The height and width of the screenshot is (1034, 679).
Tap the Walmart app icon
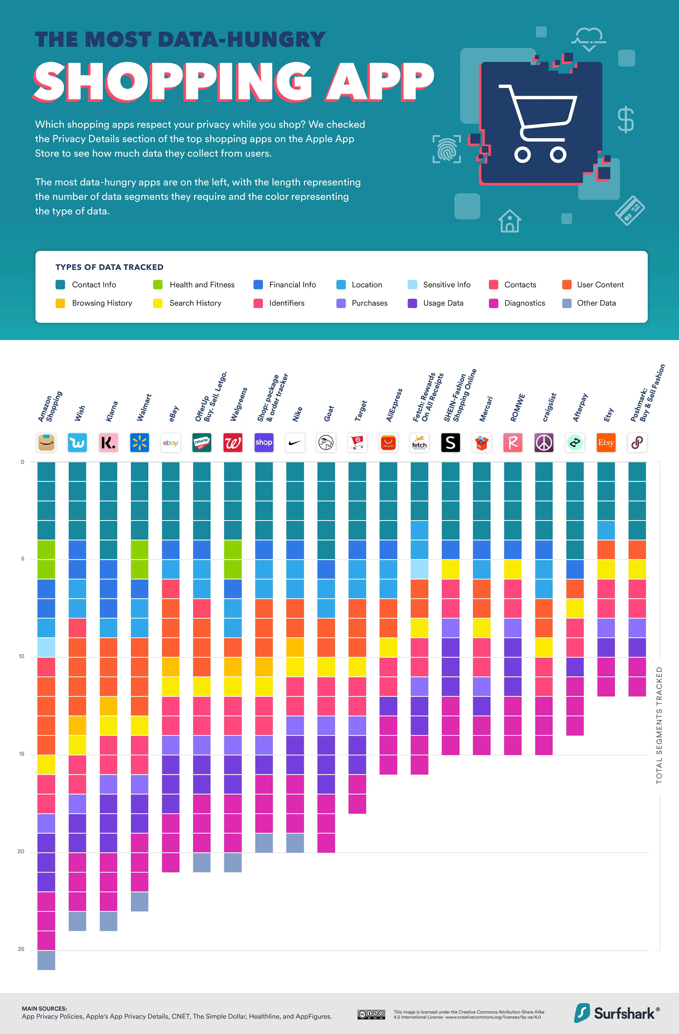[x=140, y=443]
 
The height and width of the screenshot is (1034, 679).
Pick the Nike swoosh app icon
[x=295, y=443]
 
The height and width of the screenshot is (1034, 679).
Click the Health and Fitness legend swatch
[x=158, y=284]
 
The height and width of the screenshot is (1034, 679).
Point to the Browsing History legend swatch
[x=60, y=303]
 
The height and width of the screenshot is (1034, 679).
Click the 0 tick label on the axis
[x=23, y=462]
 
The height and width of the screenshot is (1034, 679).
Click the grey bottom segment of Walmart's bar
[x=140, y=901]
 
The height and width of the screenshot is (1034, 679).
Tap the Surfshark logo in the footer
[x=617, y=1013]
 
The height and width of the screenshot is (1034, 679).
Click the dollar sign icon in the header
[x=626, y=120]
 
